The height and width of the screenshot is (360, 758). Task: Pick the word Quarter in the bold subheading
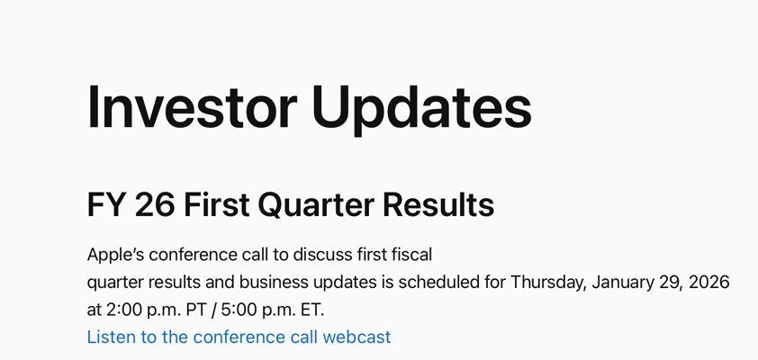pos(314,206)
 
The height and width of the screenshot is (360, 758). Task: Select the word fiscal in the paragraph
pos(413,254)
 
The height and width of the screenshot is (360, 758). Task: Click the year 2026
pos(709,282)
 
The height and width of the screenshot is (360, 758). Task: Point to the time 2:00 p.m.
pos(140,310)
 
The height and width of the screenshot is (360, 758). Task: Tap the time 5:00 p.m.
pos(250,310)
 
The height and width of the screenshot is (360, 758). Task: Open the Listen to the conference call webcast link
pos(239,337)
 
